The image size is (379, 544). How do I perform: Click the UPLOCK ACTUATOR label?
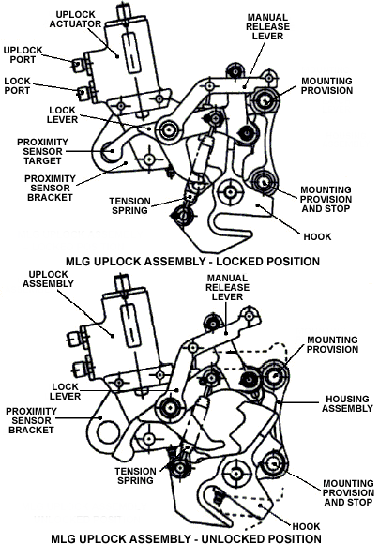point(75,20)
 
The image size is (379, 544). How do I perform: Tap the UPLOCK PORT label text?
point(23,54)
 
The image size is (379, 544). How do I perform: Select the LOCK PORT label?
point(17,85)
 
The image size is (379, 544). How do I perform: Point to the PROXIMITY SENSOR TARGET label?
point(42,152)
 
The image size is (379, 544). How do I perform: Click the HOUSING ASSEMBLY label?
point(347,404)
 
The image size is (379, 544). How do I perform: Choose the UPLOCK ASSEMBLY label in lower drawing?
point(48,280)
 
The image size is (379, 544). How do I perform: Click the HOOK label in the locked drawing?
point(317,237)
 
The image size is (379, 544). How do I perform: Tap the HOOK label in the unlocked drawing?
point(306,526)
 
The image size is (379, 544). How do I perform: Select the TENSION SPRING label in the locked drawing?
point(129,205)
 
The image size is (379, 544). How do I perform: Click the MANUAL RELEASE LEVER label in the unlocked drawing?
point(227,287)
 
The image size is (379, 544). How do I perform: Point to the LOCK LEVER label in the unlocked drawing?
point(66,391)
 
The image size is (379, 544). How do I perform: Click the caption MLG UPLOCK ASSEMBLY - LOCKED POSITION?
point(192,261)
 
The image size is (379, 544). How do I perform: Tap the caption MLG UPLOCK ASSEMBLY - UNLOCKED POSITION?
point(186,538)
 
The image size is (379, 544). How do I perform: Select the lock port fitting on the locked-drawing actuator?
point(82,93)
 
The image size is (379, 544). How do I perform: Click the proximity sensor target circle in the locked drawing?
point(111,151)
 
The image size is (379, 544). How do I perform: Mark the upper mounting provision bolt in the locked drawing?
point(265,100)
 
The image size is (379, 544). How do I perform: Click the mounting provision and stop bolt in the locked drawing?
point(264,182)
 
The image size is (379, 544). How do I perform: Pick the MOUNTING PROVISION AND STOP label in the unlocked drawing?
point(348,492)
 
